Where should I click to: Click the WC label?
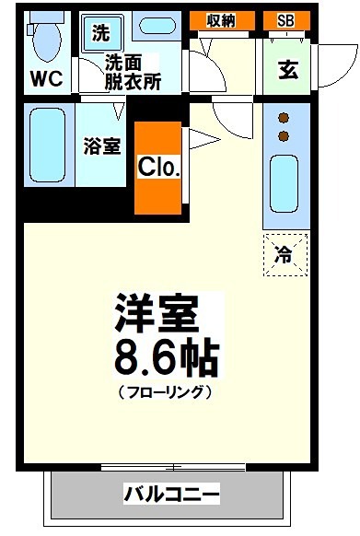click(45, 79)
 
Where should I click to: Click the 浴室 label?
click(102, 147)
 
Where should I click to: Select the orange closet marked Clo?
click(158, 167)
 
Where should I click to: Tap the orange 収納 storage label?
click(221, 20)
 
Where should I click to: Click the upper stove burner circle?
click(285, 118)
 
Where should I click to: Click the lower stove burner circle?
click(285, 136)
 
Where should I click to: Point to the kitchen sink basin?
click(285, 183)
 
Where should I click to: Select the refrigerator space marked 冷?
click(285, 255)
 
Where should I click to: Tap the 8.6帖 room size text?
click(167, 358)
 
